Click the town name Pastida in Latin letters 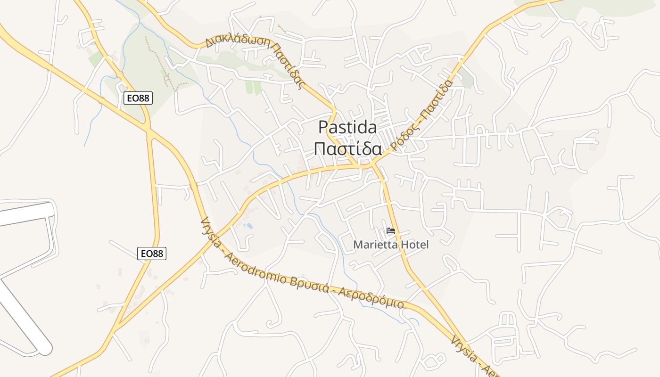point(347,127)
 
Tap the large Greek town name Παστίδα point(347,148)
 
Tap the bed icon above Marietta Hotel point(390,231)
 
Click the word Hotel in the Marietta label point(414,245)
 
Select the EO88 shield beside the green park point(138,98)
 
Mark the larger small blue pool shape point(249,226)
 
